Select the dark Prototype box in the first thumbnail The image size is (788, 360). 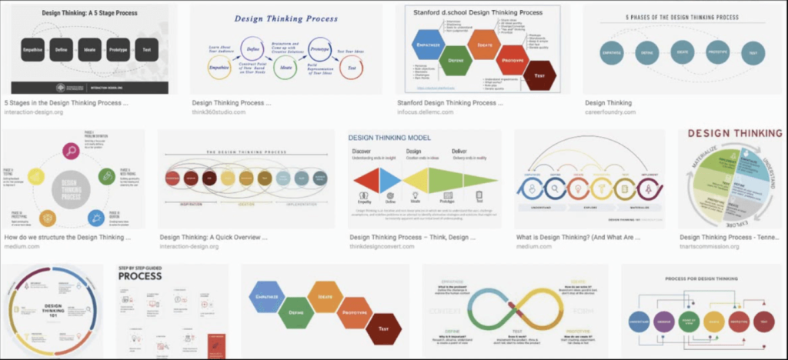click(118, 49)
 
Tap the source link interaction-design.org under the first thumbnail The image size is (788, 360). click(33, 112)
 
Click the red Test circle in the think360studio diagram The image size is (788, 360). click(352, 68)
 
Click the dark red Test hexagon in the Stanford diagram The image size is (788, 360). click(539, 75)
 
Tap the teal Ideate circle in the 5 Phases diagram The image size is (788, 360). click(681, 52)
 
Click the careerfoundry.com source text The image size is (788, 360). click(610, 112)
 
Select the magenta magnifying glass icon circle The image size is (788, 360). click(71, 152)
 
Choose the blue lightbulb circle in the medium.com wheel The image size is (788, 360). click(96, 218)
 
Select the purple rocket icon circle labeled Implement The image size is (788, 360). click(648, 188)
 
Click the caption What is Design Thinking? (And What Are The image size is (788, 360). click(577, 238)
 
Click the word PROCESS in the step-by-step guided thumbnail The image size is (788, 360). click(140, 275)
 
